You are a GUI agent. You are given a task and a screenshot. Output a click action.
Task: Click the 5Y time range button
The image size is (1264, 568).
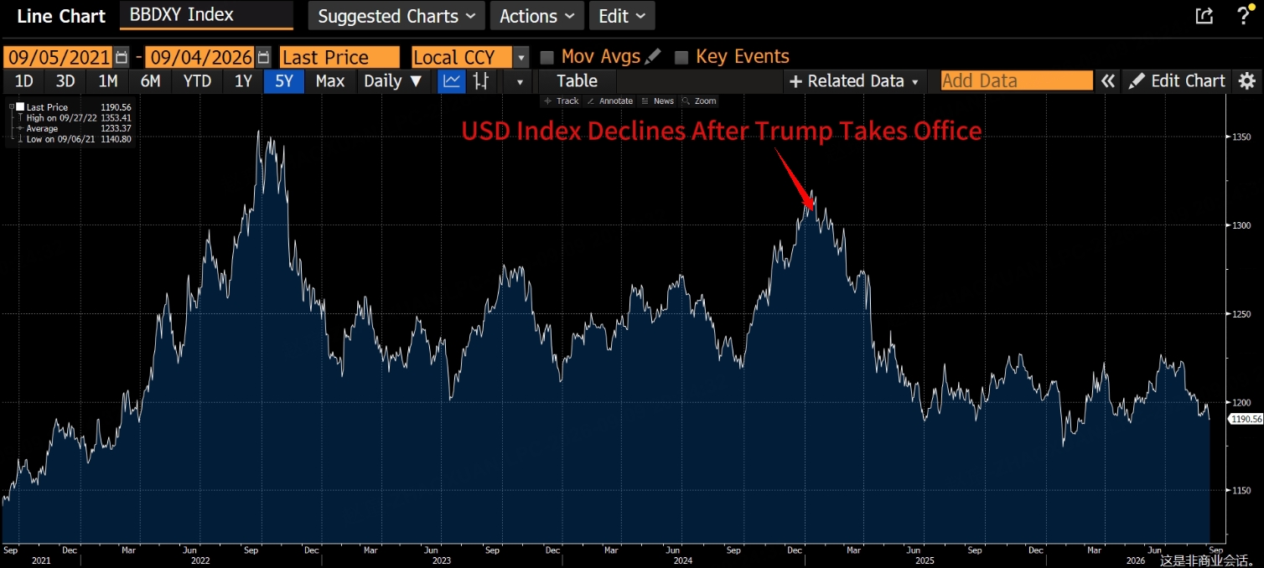284,81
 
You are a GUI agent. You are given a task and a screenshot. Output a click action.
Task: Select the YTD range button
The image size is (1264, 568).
197,81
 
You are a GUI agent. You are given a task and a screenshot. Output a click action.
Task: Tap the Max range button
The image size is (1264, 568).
329,81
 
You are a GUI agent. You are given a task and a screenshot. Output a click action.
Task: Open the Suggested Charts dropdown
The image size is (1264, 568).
396,16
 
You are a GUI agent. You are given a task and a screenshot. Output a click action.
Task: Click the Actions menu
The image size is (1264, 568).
536,16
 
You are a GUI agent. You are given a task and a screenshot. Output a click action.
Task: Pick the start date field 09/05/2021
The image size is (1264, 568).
59,57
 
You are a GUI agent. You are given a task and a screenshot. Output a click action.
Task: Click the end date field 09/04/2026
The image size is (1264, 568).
200,57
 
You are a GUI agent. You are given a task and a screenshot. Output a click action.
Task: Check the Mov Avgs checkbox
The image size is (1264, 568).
547,57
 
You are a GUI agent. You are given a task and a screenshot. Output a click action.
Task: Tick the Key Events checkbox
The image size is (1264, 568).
681,57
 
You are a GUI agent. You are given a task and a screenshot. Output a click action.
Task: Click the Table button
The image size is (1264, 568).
577,81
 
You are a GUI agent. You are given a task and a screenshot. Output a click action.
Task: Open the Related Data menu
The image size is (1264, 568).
854,81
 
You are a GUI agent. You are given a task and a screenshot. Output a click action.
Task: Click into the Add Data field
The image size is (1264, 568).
1016,80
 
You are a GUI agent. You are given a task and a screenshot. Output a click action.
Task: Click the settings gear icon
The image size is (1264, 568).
1247,81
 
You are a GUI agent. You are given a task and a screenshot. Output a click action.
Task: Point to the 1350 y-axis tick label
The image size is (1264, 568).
1241,137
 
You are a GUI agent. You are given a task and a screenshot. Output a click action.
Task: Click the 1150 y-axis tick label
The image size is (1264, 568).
1241,491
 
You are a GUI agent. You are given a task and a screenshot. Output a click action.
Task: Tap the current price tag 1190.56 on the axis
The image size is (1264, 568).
1246,419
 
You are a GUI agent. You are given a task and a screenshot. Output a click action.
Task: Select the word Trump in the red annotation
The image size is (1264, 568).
794,131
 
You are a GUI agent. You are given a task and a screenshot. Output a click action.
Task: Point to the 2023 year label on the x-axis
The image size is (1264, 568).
441,560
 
